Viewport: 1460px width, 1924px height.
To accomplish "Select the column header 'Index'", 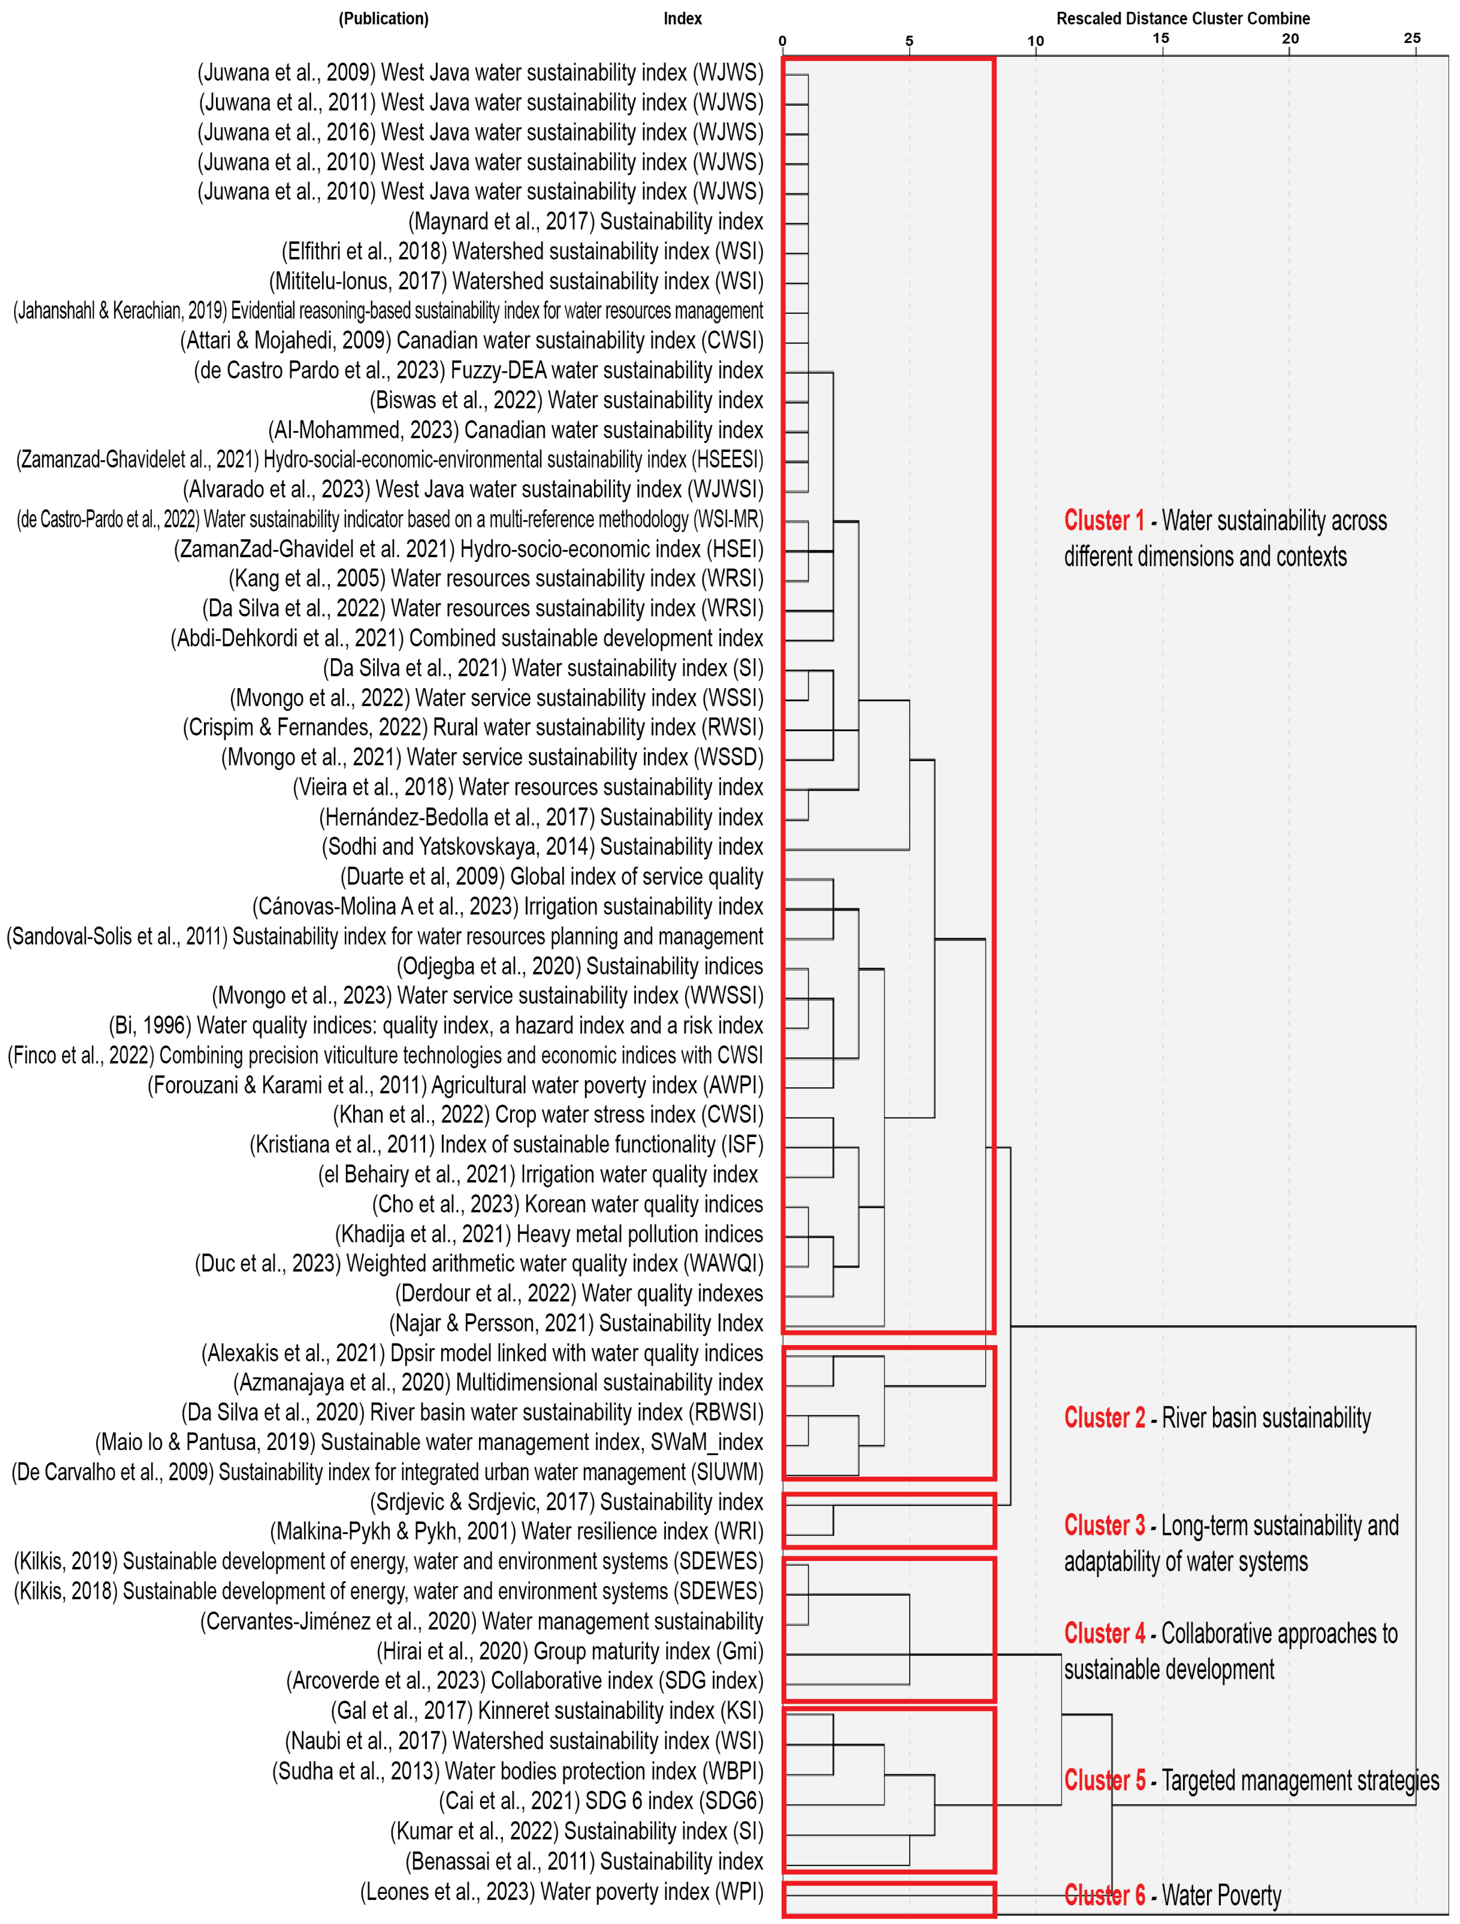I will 682,18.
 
